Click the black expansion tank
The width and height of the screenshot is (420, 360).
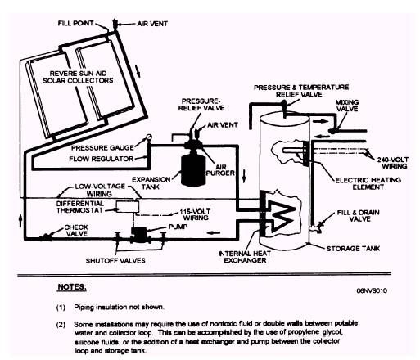point(193,169)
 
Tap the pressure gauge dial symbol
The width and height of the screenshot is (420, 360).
point(149,137)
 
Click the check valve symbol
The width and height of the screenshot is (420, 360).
point(45,238)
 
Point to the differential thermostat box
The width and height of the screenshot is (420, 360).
point(128,206)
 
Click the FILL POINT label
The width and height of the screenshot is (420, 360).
point(75,23)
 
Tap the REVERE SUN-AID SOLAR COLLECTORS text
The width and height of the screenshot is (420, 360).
point(78,77)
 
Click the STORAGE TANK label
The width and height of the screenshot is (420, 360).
point(353,249)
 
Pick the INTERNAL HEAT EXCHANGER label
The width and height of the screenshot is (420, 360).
point(245,257)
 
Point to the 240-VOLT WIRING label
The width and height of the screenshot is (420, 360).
point(393,163)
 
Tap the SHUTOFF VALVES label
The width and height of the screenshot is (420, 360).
point(115,260)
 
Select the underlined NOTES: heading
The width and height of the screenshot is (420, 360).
point(72,287)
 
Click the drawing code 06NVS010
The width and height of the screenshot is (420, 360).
point(372,290)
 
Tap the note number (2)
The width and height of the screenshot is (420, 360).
point(61,325)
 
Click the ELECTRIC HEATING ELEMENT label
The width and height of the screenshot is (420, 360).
point(368,183)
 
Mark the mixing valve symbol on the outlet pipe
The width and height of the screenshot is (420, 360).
point(333,131)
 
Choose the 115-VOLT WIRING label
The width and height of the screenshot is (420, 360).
point(195,214)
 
